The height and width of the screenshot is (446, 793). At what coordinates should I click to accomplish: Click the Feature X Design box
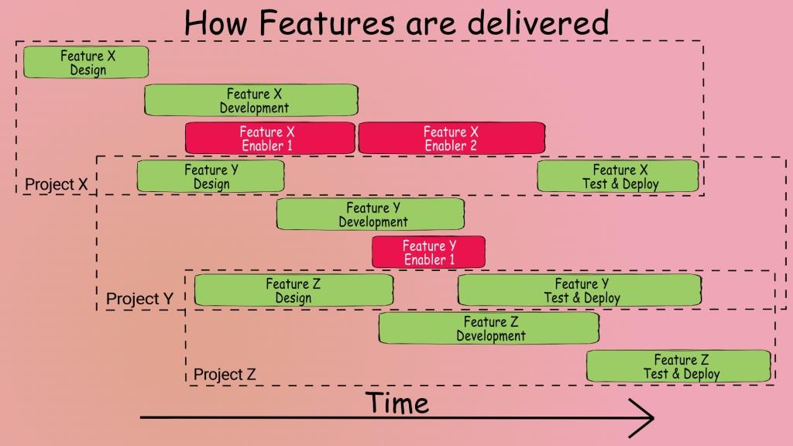click(x=85, y=63)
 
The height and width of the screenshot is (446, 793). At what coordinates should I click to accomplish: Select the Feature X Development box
click(x=251, y=101)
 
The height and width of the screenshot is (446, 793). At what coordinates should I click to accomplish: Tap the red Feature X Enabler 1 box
click(x=269, y=139)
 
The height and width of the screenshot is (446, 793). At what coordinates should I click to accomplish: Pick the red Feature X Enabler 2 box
click(x=451, y=139)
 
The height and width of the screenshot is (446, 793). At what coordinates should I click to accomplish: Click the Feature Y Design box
click(x=211, y=177)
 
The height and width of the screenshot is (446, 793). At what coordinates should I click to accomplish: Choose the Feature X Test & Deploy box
click(x=618, y=177)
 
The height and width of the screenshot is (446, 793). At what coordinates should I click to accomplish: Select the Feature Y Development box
click(x=370, y=214)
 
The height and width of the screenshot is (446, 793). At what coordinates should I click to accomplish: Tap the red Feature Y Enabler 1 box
click(x=428, y=252)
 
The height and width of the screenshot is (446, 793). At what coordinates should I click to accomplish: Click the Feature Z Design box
click(x=294, y=290)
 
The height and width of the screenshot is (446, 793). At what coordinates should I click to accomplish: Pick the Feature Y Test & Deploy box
click(x=580, y=290)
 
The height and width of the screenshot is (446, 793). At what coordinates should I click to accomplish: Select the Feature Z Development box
click(x=489, y=328)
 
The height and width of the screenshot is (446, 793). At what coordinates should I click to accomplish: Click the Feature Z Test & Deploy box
click(x=679, y=366)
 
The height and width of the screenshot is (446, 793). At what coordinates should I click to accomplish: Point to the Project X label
click(x=56, y=185)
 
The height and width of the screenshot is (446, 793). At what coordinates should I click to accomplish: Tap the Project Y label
click(x=139, y=299)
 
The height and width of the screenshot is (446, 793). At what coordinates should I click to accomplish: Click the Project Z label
click(x=225, y=375)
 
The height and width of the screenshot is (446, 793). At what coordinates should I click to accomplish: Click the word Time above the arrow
click(x=396, y=403)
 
